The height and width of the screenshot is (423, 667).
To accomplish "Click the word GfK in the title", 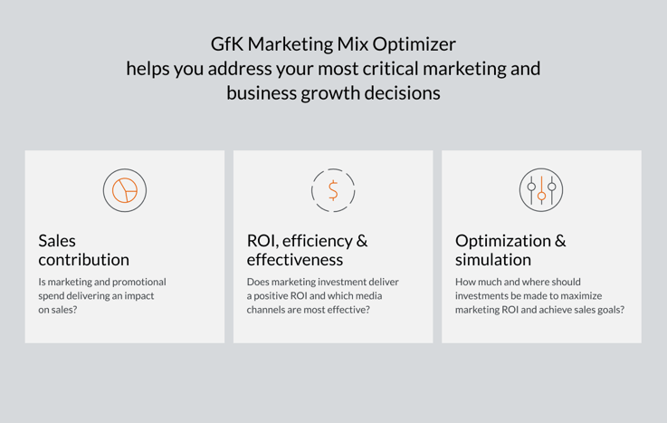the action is [227, 44].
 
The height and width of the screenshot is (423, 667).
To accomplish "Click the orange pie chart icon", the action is [125, 190].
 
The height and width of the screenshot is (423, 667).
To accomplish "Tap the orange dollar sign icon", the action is [333, 190].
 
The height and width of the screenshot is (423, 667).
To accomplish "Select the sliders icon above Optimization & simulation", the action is [541, 190].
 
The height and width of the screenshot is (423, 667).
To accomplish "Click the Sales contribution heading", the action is [84, 250].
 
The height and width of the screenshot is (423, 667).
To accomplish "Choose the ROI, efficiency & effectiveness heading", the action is [307, 250].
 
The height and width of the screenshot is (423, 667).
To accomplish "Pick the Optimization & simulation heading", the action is [510, 250].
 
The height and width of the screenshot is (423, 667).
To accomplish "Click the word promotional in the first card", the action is [139, 282].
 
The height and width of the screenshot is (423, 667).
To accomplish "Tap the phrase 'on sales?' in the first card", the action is [58, 310].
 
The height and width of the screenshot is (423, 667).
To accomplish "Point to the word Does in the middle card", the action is [258, 282].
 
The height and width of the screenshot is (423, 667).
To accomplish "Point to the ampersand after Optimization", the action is [560, 241].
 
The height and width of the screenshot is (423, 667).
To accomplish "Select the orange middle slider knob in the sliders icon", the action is [541, 196].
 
